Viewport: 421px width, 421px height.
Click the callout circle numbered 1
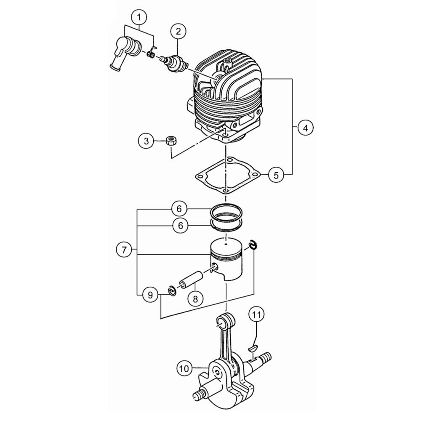[x=139, y=17]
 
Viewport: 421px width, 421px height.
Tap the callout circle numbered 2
[x=179, y=32]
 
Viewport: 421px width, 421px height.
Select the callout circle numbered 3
[x=147, y=141]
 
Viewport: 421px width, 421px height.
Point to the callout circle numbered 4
[x=305, y=128]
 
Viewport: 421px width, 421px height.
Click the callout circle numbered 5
[x=276, y=175]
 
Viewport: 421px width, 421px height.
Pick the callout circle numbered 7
[x=124, y=250]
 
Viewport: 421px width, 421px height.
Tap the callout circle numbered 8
[x=195, y=298]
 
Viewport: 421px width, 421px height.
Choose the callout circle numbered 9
[x=150, y=295]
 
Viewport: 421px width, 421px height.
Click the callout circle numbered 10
[x=185, y=368]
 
